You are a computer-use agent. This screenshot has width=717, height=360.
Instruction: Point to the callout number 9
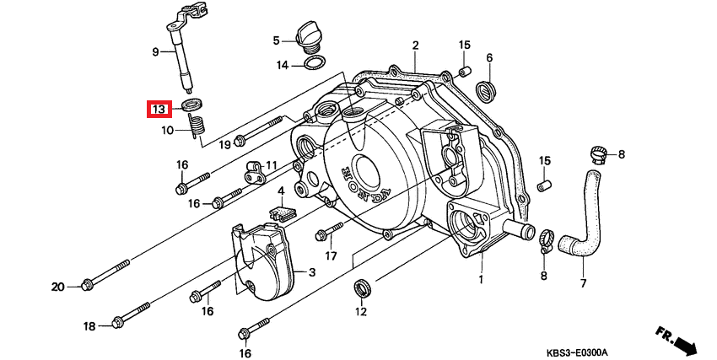[155, 52]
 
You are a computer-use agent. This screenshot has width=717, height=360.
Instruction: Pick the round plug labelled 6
[485, 89]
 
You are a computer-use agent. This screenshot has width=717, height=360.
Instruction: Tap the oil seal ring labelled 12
[363, 288]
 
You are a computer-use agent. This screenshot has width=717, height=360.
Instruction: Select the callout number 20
[57, 287]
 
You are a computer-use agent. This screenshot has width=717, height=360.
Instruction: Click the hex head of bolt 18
[117, 322]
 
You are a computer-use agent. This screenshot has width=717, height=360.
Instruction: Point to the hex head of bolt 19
[238, 141]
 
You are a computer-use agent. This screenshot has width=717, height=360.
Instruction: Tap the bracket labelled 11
[256, 171]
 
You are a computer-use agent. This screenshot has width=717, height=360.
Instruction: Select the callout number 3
[312, 273]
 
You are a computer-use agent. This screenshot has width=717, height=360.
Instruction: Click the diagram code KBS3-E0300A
[578, 352]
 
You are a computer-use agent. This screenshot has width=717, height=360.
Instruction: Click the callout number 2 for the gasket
[415, 46]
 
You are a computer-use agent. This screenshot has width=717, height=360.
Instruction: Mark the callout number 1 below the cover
[481, 280]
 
